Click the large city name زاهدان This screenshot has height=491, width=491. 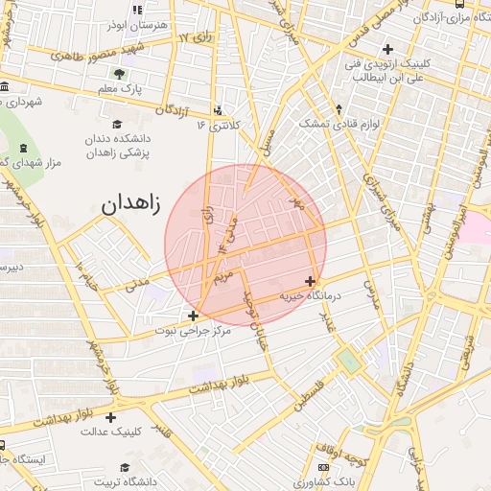pyautogui.click(x=130, y=204)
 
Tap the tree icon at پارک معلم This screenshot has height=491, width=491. pyautogui.click(x=118, y=74)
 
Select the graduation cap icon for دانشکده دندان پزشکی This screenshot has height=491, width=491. pyautogui.click(x=118, y=124)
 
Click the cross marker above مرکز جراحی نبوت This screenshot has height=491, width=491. pyautogui.click(x=194, y=315)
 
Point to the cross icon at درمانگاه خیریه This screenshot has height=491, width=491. pyautogui.click(x=310, y=281)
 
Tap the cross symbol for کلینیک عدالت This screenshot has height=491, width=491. pyautogui.click(x=112, y=417)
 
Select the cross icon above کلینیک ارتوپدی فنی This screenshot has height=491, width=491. pyautogui.click(x=387, y=49)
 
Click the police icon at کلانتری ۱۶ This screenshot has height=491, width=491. pyautogui.click(x=220, y=110)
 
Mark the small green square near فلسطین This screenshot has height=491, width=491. pyautogui.click(x=348, y=362)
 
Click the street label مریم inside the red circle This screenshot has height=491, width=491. pyautogui.click(x=222, y=278)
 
